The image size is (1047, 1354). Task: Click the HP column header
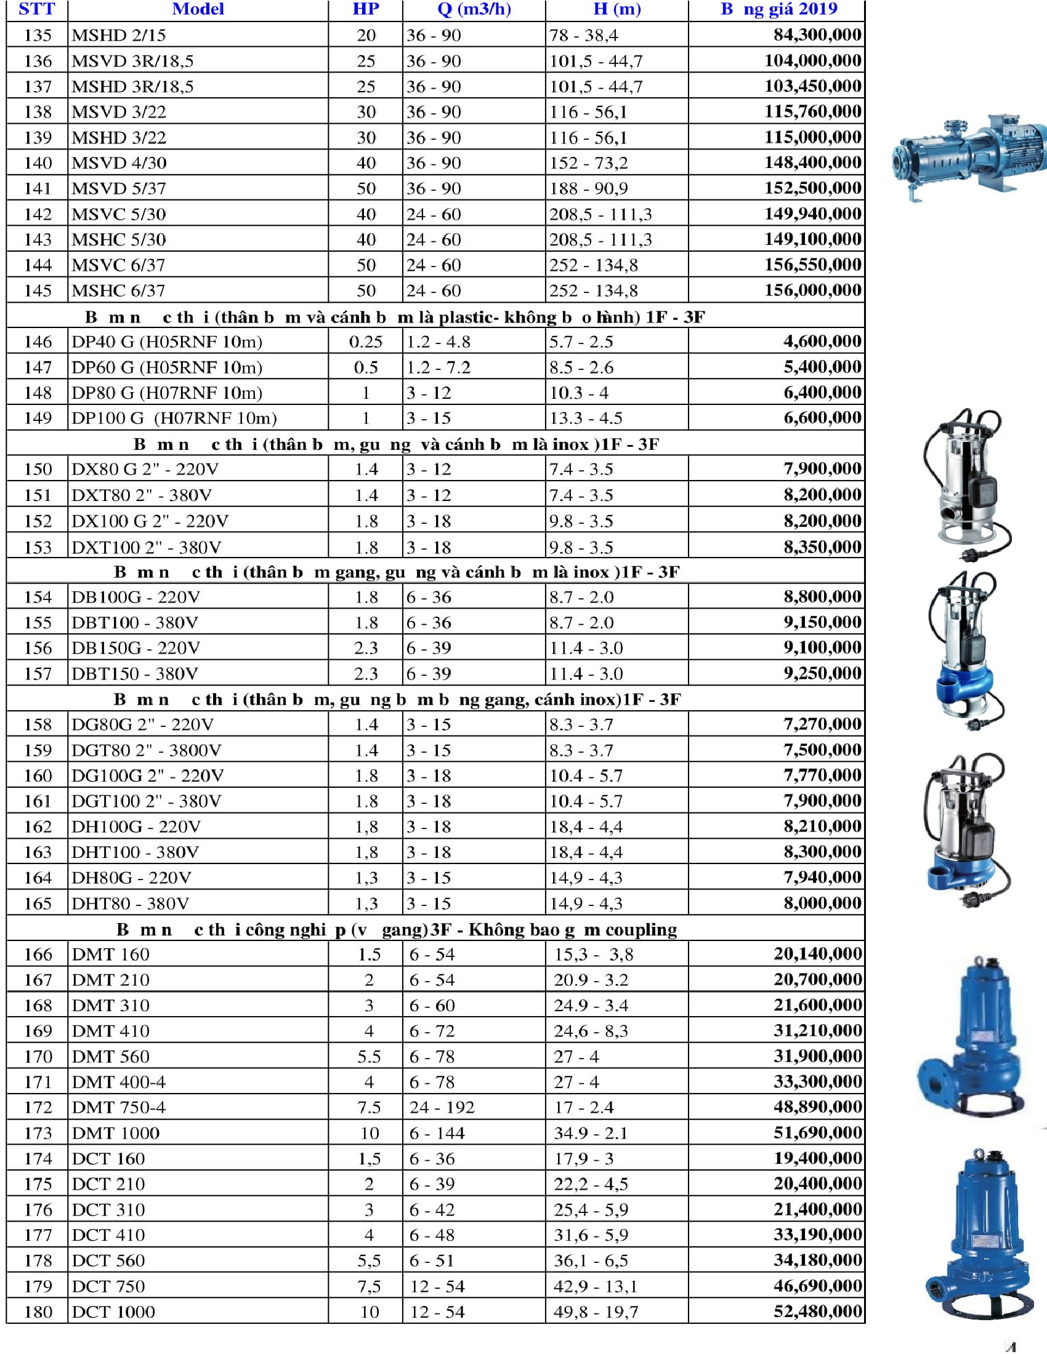click(365, 9)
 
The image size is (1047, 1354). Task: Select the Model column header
click(198, 9)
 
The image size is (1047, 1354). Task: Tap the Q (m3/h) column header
click(474, 9)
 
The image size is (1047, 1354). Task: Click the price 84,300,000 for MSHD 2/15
click(817, 34)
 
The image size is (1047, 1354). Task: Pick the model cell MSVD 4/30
click(119, 163)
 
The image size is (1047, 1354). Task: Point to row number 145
click(37, 290)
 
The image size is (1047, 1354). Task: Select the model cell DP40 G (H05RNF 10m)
click(167, 342)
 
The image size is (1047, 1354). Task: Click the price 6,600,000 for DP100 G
click(822, 418)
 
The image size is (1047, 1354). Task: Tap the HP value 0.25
click(365, 342)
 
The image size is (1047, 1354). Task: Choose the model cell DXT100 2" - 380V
click(147, 547)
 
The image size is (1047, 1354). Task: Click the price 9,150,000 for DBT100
click(822, 622)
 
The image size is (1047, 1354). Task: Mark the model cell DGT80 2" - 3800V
click(147, 750)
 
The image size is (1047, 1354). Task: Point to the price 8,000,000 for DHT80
click(822, 903)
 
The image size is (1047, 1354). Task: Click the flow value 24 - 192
click(442, 1107)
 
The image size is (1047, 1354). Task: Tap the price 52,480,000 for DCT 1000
click(817, 1311)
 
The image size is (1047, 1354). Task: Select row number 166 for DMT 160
click(37, 955)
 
